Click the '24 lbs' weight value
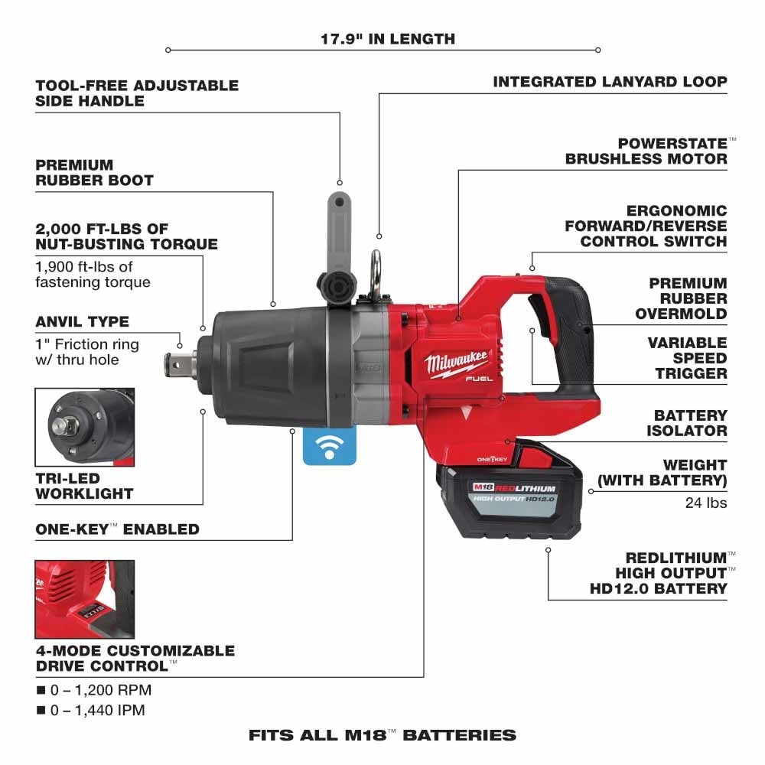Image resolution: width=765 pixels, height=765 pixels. click(706, 503)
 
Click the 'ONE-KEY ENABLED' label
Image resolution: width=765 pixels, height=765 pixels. click(117, 529)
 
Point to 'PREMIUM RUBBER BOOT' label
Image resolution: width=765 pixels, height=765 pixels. click(94, 173)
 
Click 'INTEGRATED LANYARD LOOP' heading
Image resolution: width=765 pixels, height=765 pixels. click(610, 82)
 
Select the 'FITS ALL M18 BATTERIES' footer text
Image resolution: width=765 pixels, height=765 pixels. click(382, 736)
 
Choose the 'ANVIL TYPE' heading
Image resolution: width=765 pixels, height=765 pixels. click(82, 321)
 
